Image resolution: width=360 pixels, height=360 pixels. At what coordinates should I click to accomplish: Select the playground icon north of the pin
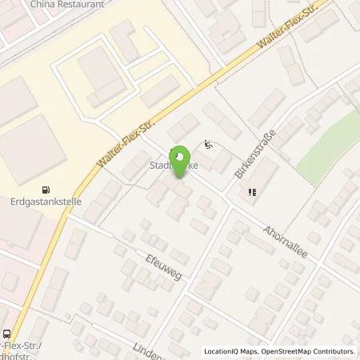pyautogui.click(x=208, y=145)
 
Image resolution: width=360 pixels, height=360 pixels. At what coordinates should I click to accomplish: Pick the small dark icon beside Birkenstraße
pyautogui.click(x=252, y=191)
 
